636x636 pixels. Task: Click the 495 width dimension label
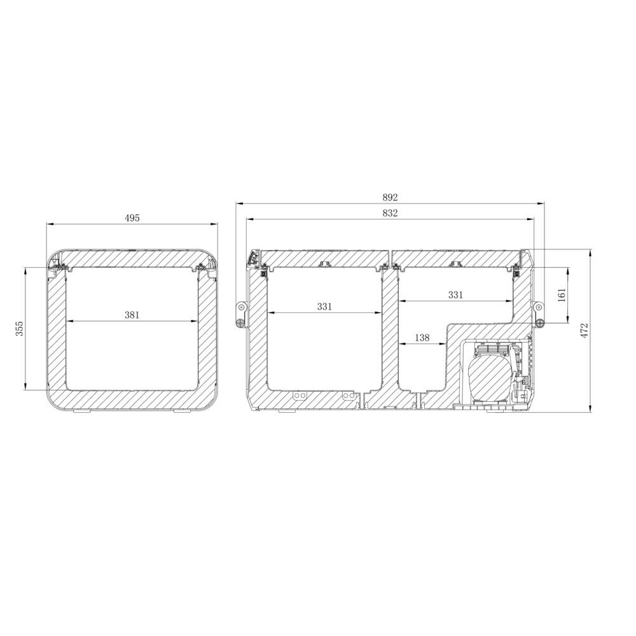click(132, 218)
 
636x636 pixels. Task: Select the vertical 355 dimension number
click(20, 328)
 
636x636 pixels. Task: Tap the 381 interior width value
click(132, 314)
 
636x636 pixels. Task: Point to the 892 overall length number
click(391, 198)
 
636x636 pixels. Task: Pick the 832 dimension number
click(391, 213)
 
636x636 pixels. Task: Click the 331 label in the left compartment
click(324, 307)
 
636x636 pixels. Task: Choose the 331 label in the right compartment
click(455, 294)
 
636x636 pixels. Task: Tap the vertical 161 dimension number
click(562, 296)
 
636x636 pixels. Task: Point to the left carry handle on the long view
click(241, 315)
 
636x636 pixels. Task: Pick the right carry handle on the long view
click(539, 315)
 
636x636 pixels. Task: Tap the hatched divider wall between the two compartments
click(390, 331)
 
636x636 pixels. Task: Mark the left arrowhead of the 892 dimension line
click(238, 204)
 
